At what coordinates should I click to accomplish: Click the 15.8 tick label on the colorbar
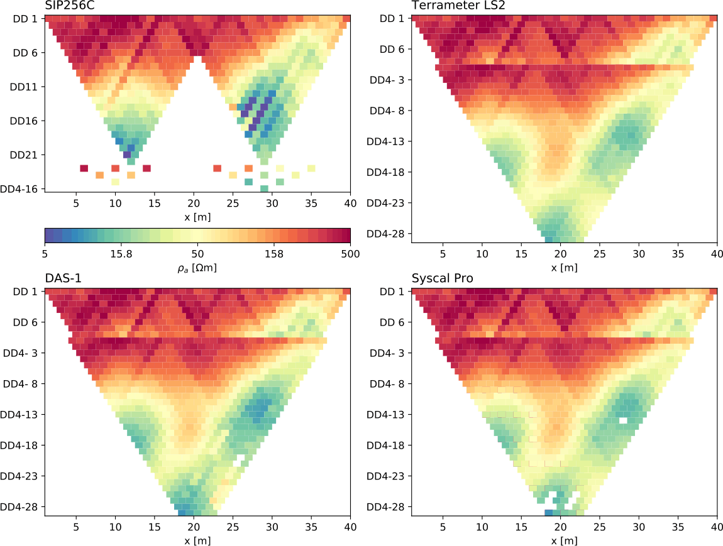(121, 254)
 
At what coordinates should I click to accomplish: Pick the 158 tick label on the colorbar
(274, 254)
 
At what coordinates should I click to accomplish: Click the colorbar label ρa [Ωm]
(197, 268)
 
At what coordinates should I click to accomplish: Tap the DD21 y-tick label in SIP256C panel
(25, 155)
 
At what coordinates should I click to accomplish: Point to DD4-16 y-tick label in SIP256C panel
(21, 188)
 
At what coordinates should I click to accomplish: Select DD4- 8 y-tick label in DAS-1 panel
(21, 383)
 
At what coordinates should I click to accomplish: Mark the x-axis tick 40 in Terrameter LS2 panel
(717, 254)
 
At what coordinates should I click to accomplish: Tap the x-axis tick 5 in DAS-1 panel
(76, 527)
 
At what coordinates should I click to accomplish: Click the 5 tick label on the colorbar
(45, 254)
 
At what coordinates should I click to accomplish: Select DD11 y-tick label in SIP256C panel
(25, 86)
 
